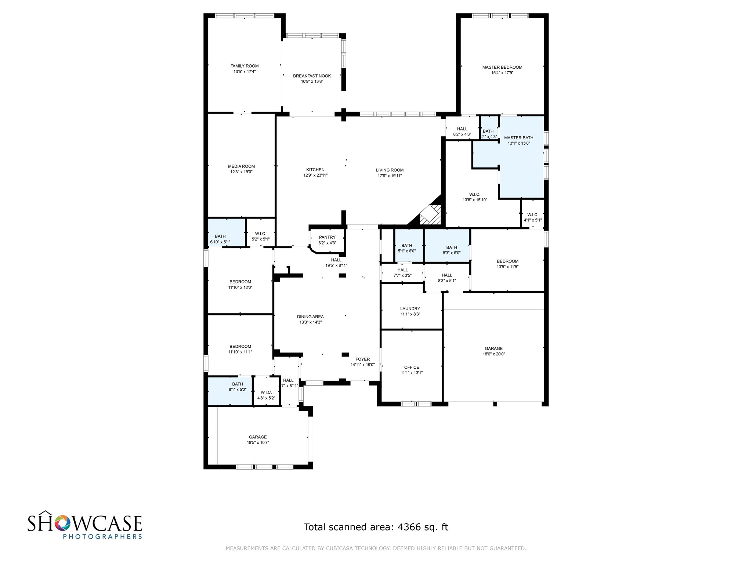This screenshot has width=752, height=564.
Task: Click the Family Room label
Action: pos(244,66)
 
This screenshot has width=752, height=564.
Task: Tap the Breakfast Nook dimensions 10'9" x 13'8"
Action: pos(312,82)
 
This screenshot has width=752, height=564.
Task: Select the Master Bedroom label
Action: pos(502,67)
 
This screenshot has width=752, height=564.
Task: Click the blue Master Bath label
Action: pos(518,138)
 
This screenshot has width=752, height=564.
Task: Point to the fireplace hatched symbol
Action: pos(430,215)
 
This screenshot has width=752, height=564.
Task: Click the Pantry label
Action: pos(327,237)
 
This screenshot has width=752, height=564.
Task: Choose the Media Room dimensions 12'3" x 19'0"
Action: pos(241,172)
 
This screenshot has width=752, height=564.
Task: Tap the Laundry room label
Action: pos(410,309)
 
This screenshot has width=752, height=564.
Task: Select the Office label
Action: pos(411,367)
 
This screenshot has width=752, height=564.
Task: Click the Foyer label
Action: pos(362,359)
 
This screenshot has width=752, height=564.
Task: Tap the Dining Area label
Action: pos(310,317)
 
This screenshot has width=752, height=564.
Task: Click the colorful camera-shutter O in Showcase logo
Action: pos(62,523)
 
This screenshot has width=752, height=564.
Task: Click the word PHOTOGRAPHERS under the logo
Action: pos(102,536)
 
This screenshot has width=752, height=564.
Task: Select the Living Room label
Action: pos(390,170)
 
